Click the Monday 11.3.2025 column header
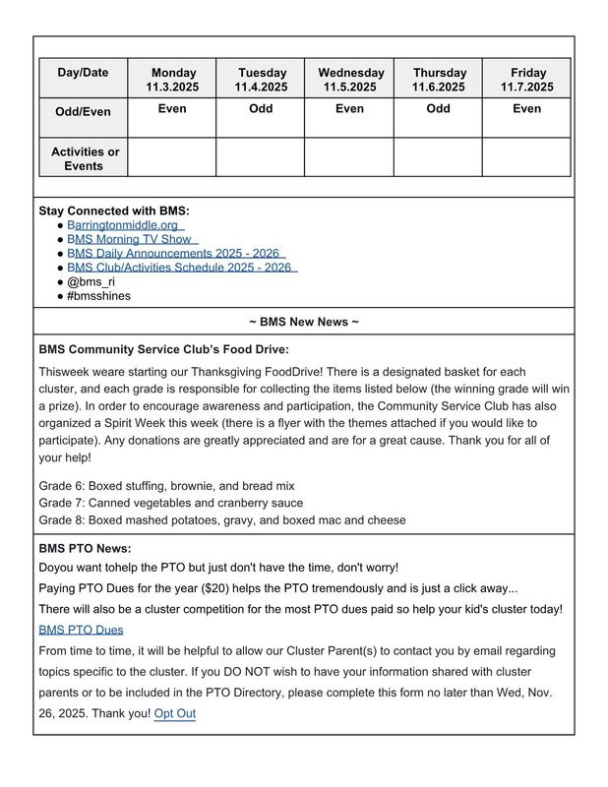tap(172, 80)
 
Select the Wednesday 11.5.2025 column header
tap(350, 80)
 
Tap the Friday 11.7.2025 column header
tap(527, 80)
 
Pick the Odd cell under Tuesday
tap(261, 109)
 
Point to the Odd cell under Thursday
tap(439, 109)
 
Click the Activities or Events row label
tap(84, 158)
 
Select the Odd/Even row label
tap(84, 112)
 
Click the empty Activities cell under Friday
tap(527, 157)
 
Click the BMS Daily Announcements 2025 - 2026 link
tap(174, 253)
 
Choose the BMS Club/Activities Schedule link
tap(180, 267)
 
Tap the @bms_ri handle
tap(91, 281)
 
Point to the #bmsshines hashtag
tap(99, 295)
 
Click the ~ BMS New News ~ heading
tap(304, 322)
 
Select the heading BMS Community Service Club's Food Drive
tap(164, 349)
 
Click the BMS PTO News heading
tap(86, 549)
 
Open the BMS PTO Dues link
tap(81, 630)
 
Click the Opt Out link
tap(175, 713)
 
